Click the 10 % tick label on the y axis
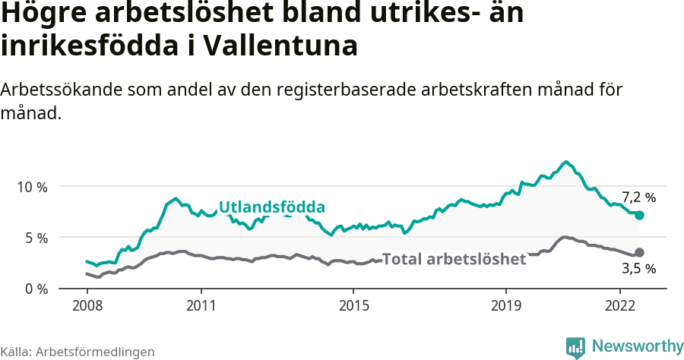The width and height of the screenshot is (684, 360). [32, 187]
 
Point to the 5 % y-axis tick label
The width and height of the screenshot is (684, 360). [36, 238]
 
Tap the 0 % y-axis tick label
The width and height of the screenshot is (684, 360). [36, 289]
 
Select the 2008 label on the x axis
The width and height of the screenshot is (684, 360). [87, 305]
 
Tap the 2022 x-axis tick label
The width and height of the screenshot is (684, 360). [620, 305]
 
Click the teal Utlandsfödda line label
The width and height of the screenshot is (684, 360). [272, 207]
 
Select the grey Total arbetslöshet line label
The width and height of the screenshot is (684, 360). [454, 259]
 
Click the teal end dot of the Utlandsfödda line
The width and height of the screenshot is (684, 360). [639, 215]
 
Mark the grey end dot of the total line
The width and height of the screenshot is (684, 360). [639, 252]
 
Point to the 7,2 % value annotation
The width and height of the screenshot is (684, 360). [638, 197]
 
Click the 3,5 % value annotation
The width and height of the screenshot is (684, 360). [638, 268]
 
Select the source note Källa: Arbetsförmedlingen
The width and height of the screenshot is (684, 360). [78, 352]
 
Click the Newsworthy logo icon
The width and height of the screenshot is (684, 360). [575, 347]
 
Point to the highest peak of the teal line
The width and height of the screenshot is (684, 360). [565, 162]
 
